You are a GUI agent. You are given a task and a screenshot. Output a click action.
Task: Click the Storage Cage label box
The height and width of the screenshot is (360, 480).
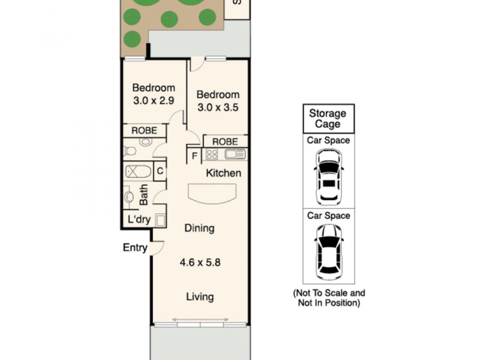[328, 119]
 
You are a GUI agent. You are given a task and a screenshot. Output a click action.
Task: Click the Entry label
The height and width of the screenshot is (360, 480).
[135, 247]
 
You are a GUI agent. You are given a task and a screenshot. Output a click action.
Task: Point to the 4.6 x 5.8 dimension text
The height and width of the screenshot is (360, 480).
[200, 262]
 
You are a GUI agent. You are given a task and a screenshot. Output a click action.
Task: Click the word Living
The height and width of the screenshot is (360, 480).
[200, 297]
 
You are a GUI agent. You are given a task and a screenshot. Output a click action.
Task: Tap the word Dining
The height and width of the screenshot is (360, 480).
[199, 228]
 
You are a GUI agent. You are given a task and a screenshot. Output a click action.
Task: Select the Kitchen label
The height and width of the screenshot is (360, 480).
[223, 173]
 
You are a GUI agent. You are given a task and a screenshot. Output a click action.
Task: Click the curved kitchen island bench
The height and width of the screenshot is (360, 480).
[213, 194]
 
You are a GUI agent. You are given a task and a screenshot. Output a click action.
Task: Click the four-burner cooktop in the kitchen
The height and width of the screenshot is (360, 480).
[212, 155]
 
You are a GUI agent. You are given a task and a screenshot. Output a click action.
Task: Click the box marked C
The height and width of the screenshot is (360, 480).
[160, 171]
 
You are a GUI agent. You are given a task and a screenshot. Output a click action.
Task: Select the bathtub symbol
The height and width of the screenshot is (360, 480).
[139, 172]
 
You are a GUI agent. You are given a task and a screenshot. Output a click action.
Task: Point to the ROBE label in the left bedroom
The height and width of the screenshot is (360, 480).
[144, 130]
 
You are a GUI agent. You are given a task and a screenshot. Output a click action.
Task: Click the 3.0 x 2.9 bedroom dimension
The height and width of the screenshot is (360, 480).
[154, 100]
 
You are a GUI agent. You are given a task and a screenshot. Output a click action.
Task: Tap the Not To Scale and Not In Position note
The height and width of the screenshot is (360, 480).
[328, 298]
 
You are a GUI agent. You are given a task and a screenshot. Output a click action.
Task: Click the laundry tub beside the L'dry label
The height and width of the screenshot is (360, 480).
[160, 220]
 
